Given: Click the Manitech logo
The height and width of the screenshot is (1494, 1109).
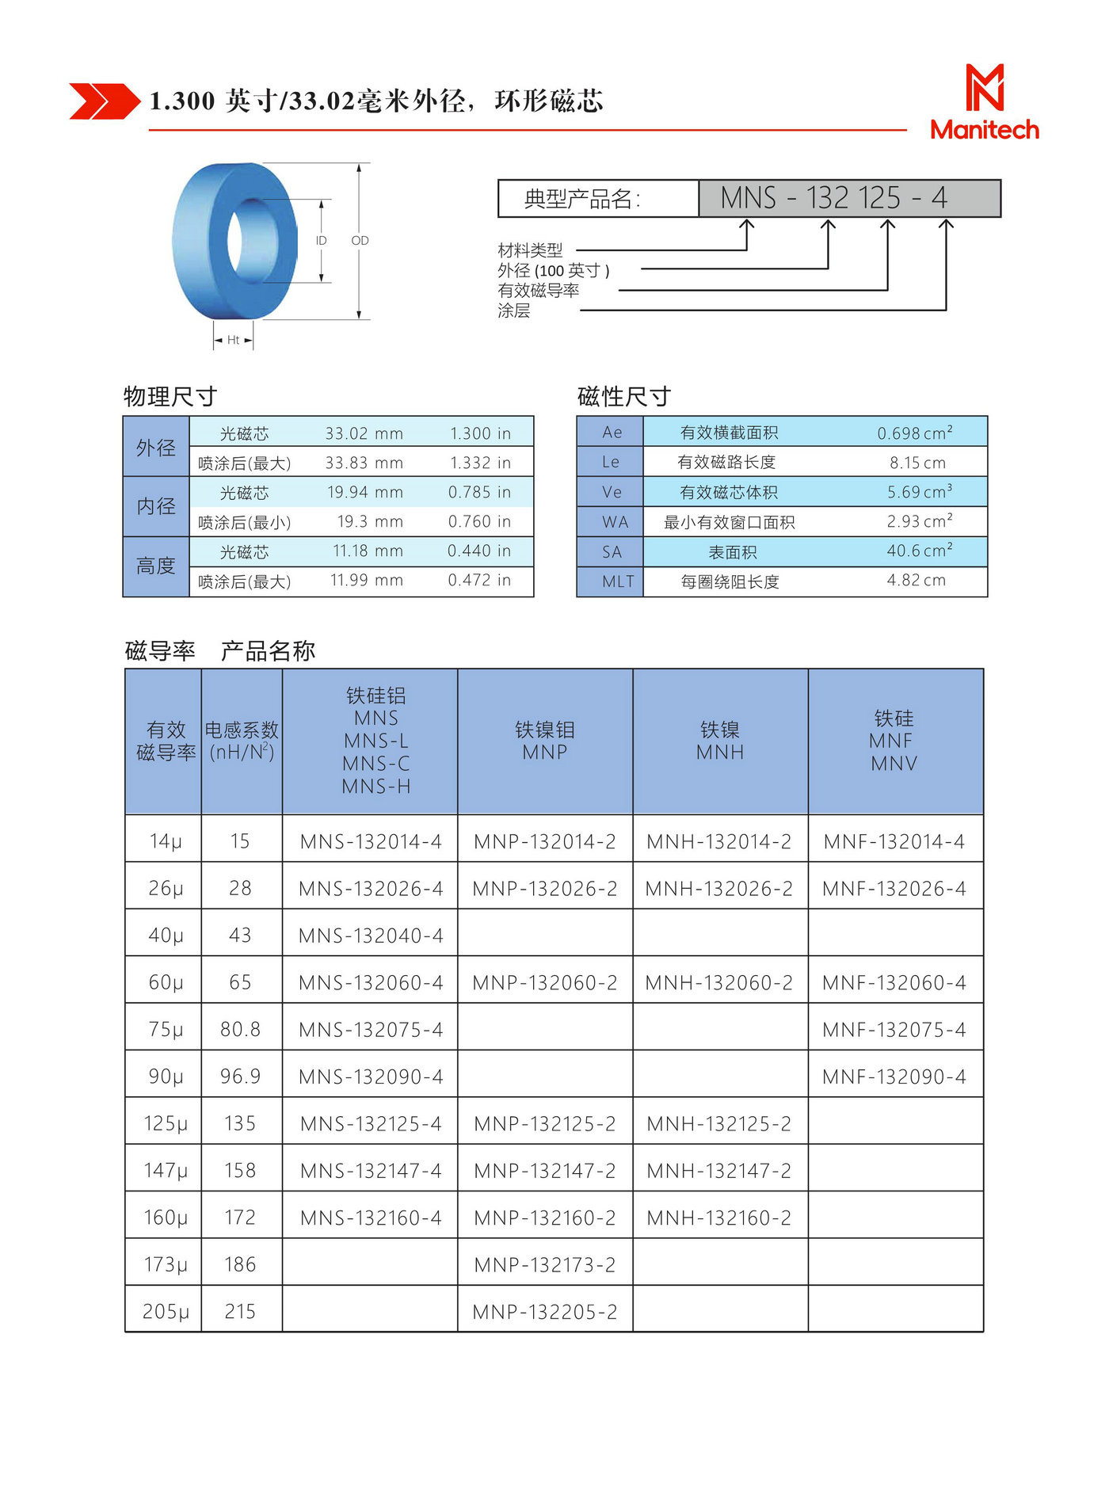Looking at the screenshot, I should (984, 102).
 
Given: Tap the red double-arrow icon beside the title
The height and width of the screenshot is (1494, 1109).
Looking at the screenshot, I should (104, 101).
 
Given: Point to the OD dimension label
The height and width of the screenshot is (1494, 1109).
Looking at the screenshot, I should (360, 241).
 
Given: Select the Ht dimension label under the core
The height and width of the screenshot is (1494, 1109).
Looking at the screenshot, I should (233, 340).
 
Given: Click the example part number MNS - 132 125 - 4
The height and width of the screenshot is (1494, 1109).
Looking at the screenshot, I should (833, 198).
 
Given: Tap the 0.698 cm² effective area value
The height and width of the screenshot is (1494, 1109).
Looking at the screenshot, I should (914, 433).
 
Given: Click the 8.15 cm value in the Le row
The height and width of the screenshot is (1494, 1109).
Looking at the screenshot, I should (917, 463).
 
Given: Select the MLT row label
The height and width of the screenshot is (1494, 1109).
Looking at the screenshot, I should (617, 581).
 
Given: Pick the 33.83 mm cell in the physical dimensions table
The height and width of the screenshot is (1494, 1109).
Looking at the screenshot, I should (364, 463).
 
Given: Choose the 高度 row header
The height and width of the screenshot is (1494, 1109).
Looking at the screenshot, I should (156, 566).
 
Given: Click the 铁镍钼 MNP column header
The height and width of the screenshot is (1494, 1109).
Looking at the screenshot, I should (545, 741).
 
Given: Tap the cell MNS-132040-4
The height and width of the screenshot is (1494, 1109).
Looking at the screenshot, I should (371, 936).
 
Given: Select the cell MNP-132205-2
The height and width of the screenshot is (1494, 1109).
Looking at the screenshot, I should (545, 1312).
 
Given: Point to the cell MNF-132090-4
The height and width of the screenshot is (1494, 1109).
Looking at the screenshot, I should (894, 1077).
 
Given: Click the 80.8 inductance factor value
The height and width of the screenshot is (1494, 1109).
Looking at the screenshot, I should (240, 1029).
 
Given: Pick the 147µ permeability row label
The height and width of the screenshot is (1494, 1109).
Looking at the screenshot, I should (166, 1170).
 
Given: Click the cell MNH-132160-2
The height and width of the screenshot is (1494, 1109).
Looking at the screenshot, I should (718, 1218).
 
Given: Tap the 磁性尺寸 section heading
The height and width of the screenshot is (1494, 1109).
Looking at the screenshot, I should (624, 396).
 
